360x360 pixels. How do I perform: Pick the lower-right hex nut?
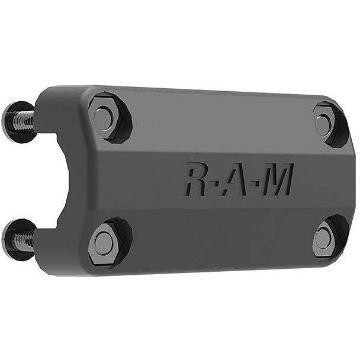[324, 237]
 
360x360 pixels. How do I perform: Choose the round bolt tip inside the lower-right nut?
[323, 237]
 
